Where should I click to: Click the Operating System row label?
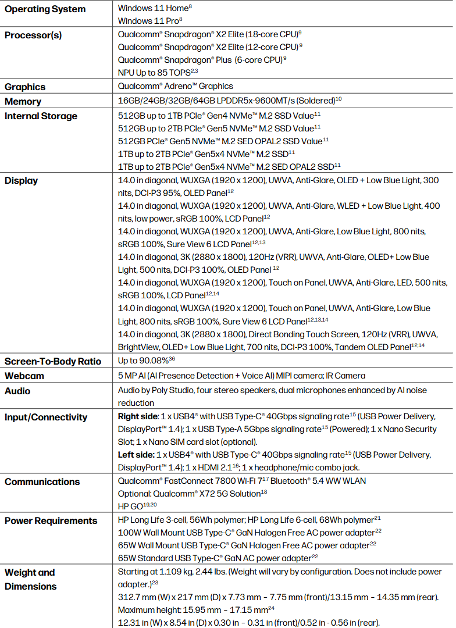45,9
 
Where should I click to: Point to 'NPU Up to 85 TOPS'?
155,72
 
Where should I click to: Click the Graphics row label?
25,87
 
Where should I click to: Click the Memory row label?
23,102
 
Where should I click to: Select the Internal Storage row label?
41,116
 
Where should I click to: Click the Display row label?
21,181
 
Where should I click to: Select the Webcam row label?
24,376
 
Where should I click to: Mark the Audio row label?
17,391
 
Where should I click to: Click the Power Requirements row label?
51,521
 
